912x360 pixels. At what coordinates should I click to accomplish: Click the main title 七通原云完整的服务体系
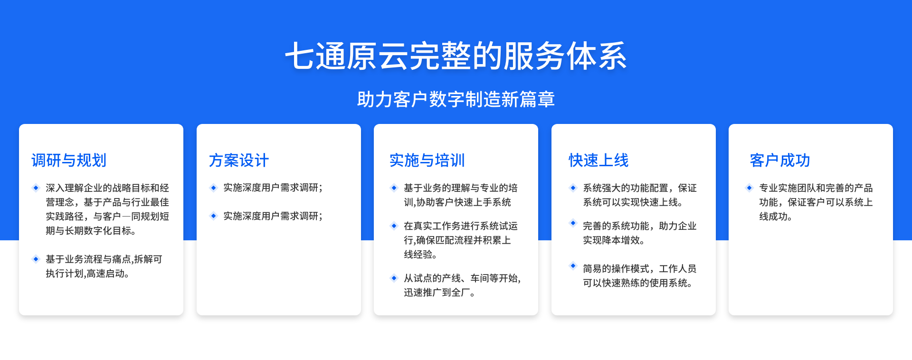456,56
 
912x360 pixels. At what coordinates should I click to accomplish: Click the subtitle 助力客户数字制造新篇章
456,99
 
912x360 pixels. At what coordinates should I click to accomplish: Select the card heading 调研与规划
69,160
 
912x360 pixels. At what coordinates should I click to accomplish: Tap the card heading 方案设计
239,160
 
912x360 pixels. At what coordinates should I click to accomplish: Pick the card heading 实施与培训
427,160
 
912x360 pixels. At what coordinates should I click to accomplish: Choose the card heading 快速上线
598,160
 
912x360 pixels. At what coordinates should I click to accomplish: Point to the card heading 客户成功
780,160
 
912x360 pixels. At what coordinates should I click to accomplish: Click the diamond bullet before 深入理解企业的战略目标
36,188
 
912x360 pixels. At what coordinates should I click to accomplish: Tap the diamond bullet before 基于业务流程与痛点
36,259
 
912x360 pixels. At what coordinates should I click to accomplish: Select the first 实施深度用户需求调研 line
273,188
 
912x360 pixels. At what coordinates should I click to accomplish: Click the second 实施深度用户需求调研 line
273,216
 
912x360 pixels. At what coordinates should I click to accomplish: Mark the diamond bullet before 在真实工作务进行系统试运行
394,226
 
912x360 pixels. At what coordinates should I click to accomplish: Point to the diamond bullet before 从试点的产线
394,278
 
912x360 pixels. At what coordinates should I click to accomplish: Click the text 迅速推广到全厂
440,293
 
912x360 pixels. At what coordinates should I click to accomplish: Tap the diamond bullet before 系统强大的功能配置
573,188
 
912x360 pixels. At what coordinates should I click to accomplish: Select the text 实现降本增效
614,240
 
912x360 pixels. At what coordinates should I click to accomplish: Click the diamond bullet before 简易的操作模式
573,265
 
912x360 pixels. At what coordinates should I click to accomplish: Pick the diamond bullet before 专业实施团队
749,188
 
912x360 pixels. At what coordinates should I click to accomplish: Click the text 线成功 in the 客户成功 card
775,217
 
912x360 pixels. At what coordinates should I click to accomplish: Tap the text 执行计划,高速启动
87,274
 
